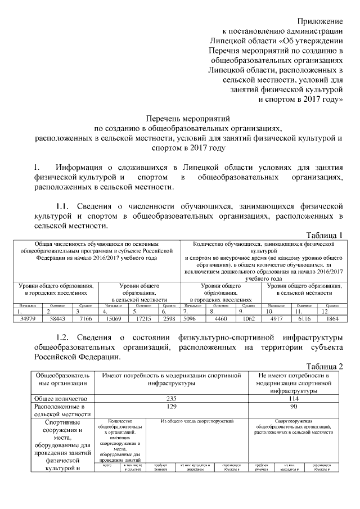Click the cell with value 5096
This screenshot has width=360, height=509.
pyautogui.click(x=193, y=319)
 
